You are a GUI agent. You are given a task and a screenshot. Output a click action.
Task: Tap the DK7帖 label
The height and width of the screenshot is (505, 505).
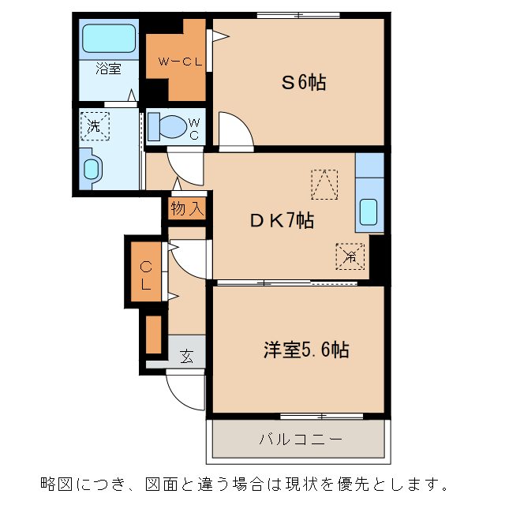pos(282,221)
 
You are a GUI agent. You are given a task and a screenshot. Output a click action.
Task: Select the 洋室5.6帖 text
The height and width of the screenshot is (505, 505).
pos(306,350)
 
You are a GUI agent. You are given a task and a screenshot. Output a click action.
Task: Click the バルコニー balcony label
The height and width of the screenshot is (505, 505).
pos(299,440)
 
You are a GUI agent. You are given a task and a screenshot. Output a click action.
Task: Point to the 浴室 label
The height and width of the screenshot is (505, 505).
pos(108,69)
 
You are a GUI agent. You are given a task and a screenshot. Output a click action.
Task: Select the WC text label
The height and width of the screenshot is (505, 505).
pos(194,129)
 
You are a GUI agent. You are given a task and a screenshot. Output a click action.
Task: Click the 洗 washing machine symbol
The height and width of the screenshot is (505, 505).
pos(95,125)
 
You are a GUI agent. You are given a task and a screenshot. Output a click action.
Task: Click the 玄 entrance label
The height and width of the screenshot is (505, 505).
pos(187,356)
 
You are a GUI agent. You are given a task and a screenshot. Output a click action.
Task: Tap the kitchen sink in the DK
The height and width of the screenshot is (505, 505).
pos(368,211)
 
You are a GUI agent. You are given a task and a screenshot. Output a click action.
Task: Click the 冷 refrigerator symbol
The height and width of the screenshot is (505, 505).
pos(350,256)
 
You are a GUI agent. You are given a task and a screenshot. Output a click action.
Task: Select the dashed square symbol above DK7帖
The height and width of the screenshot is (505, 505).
pos(324,184)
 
